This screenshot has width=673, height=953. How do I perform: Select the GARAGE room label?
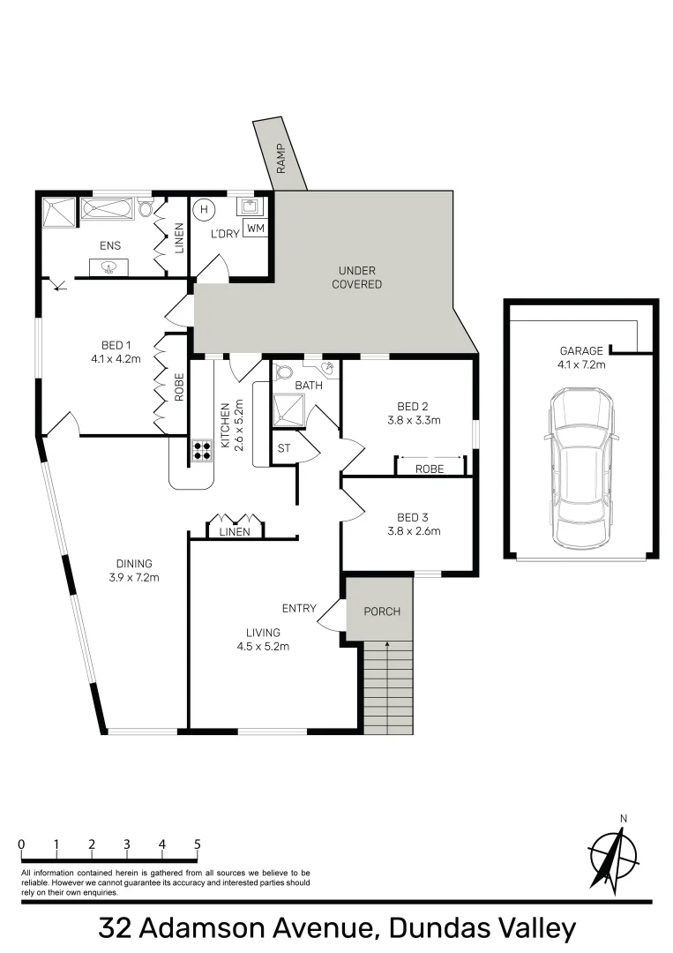[x=581, y=350]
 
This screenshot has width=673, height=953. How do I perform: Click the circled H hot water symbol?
[x=205, y=210]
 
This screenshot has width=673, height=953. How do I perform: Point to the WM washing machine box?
[x=256, y=229]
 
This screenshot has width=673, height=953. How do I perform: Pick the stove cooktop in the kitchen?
[x=202, y=451]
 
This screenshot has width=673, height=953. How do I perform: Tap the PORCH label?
[x=382, y=612]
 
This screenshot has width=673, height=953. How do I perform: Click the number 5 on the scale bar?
[x=198, y=844]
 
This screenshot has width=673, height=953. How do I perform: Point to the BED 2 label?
[x=413, y=407]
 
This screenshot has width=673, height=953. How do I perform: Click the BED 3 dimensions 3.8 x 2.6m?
[x=413, y=531]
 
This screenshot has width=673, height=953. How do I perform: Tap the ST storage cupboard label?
[x=284, y=449]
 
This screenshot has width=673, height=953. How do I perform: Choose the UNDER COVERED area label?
[x=356, y=277]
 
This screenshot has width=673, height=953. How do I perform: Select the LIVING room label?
[x=264, y=633]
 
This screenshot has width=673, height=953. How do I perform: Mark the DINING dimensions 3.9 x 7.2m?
[x=133, y=578]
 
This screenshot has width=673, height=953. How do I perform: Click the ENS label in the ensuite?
[x=109, y=246]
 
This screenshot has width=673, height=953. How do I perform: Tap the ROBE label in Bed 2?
[x=430, y=469]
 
